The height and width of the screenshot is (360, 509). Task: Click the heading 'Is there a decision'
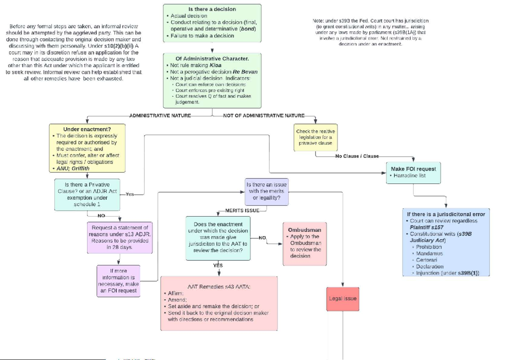click(212, 9)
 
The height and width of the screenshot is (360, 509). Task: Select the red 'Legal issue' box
click(342, 298)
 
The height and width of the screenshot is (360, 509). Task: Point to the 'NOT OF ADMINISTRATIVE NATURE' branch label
click(263, 115)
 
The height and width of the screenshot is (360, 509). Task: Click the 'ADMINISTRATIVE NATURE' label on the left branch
click(160, 115)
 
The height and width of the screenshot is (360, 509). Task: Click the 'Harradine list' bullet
click(410, 175)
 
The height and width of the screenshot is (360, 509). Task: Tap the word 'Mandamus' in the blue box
click(430, 253)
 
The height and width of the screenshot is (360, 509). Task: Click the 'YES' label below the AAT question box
click(218, 266)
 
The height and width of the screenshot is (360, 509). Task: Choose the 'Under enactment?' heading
click(87, 129)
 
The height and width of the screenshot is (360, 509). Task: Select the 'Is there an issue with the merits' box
click(266, 191)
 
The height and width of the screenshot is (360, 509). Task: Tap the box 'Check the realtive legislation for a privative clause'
click(315, 137)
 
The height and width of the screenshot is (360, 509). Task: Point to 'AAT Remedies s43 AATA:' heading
click(219, 287)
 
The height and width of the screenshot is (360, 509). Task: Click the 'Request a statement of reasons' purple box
click(120, 237)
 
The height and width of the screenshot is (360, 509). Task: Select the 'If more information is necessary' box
click(118, 281)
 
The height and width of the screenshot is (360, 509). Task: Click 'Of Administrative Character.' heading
click(212, 58)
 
